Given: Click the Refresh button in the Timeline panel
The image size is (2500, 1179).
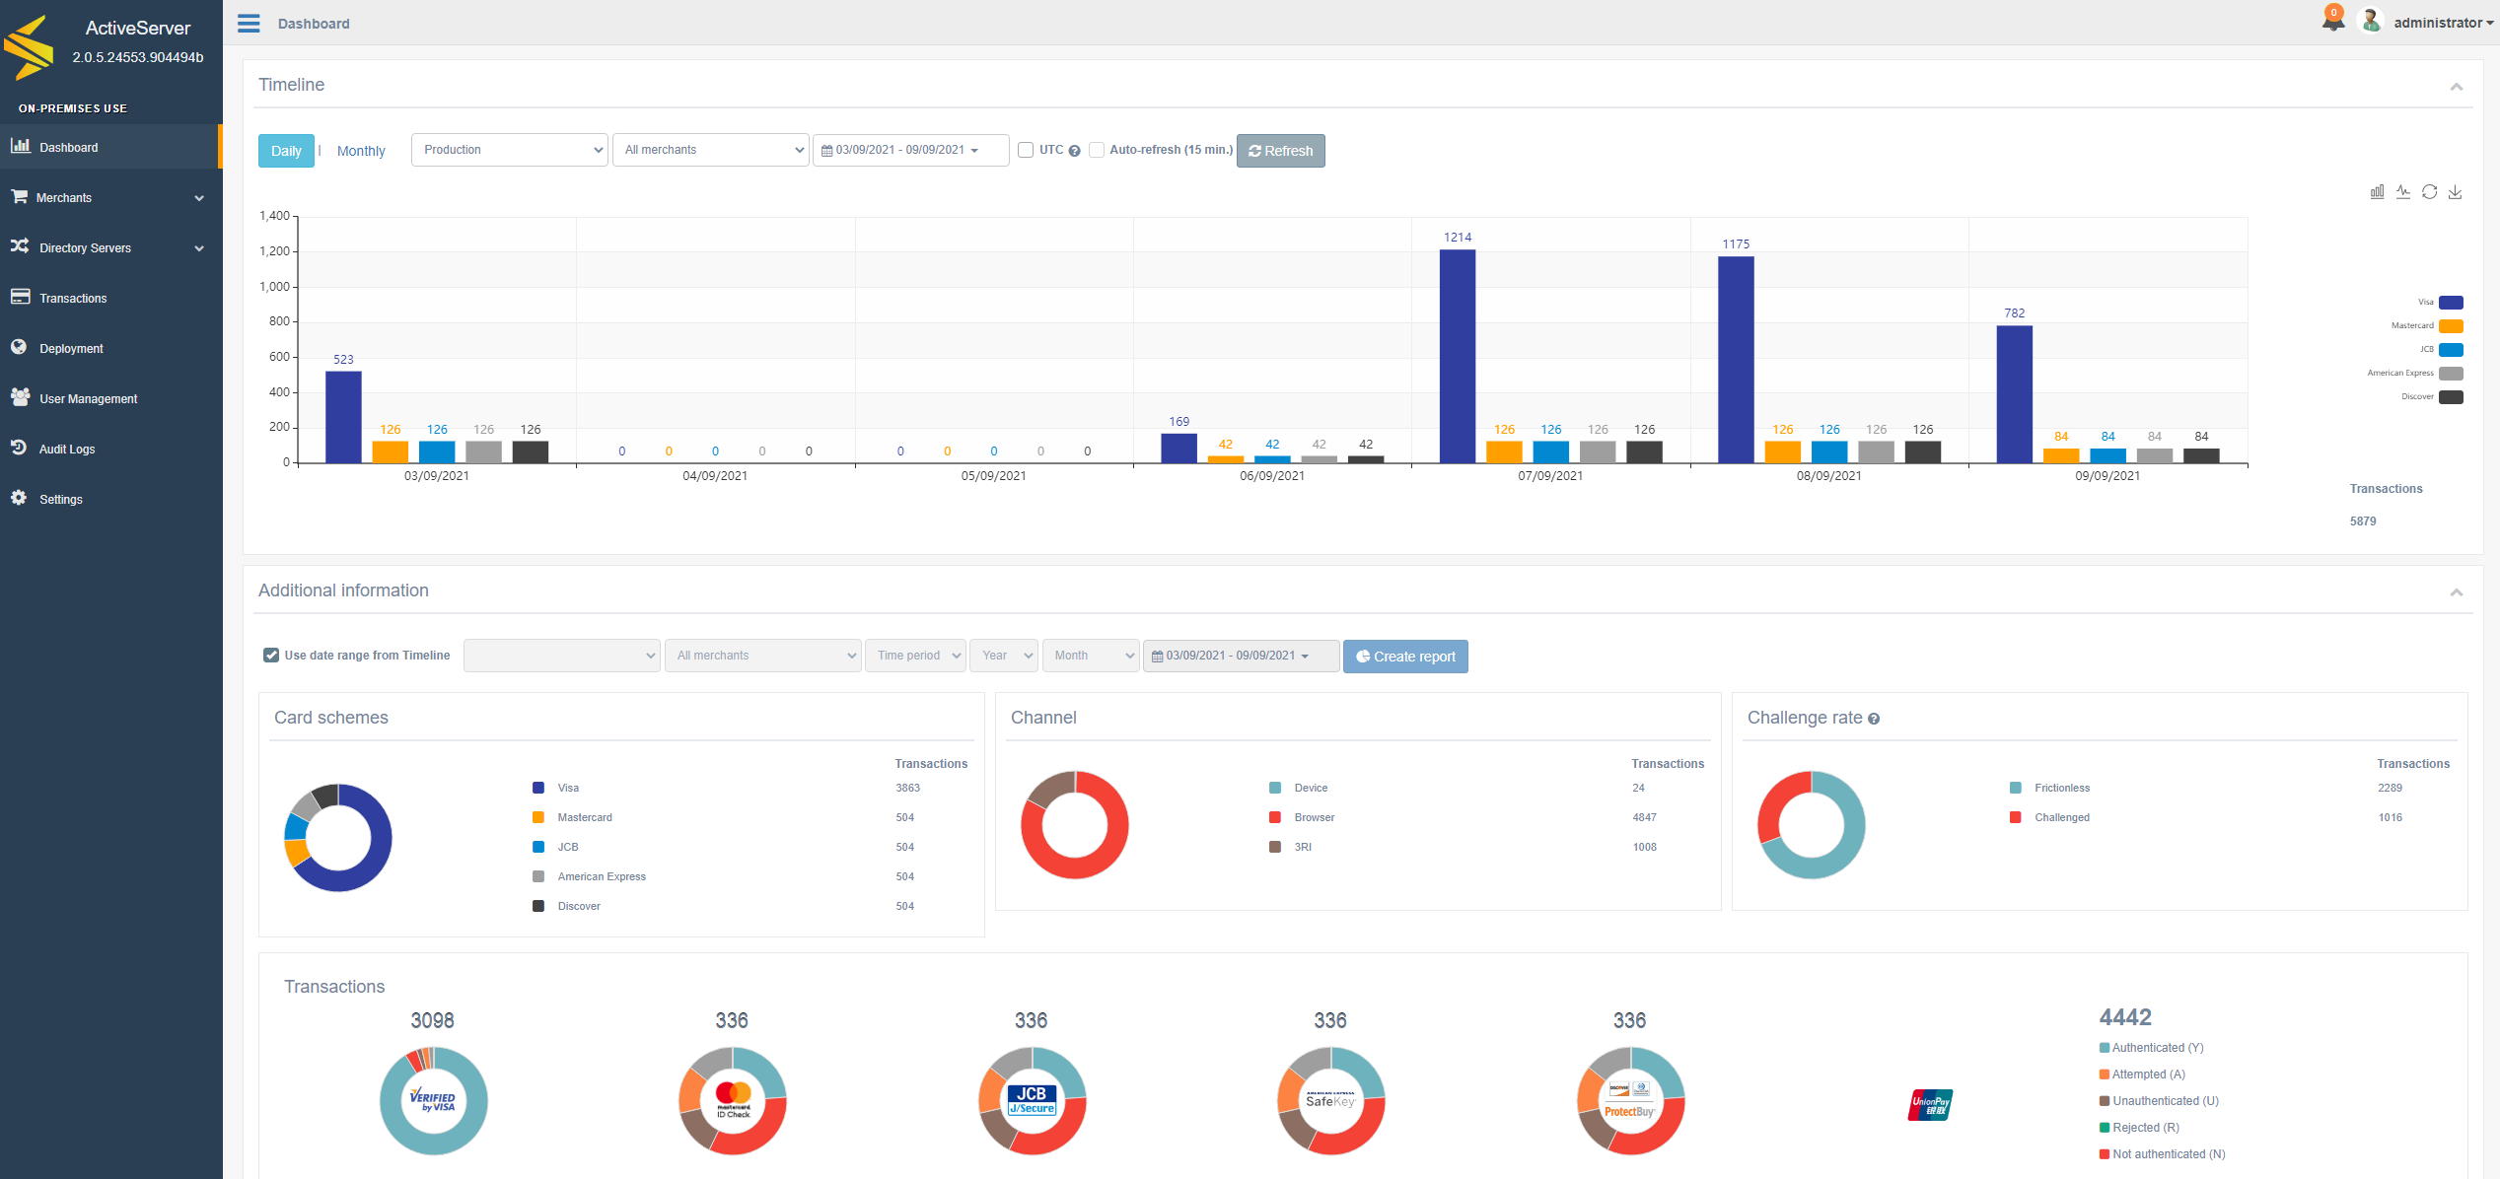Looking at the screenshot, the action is [1280, 151].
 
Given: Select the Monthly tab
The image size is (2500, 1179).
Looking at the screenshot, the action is [361, 151].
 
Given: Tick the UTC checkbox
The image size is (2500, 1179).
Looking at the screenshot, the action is [1026, 150].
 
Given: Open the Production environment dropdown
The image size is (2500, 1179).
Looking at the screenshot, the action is [509, 150].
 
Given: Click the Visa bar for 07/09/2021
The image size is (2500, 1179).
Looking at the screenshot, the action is [1457, 356].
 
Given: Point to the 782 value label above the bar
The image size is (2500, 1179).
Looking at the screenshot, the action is [2014, 313].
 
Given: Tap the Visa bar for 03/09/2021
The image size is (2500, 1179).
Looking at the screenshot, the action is [343, 417].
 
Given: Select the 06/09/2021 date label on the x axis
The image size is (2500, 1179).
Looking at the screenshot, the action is [1272, 476].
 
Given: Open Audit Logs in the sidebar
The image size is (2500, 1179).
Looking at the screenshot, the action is [67, 450].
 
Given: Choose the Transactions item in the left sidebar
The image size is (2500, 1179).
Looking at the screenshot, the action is [73, 299].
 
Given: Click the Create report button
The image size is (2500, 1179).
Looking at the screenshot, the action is [1405, 657].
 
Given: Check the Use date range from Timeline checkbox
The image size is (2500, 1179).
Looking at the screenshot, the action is [271, 656].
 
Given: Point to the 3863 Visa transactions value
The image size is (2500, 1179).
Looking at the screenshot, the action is [908, 789].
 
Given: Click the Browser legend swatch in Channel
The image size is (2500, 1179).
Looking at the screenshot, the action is [1275, 818].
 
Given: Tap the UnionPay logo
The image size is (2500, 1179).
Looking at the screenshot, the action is [1930, 1105].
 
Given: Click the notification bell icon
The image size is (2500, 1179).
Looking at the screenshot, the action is [2333, 20].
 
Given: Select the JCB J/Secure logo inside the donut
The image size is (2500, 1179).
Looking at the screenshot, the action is [1032, 1100].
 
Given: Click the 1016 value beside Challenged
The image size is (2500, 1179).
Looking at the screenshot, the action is [2391, 818].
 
